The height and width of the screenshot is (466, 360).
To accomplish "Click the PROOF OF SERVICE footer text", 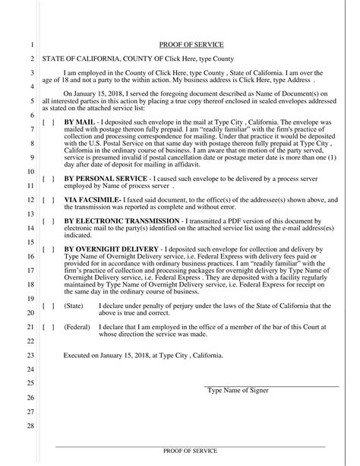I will [x=191, y=451].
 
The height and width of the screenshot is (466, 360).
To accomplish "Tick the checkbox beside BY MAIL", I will [x=48, y=122].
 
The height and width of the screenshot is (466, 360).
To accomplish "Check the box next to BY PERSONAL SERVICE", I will [x=48, y=179].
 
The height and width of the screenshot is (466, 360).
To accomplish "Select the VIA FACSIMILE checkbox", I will [x=48, y=200].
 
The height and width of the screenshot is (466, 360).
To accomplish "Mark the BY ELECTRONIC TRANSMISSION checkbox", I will [x=48, y=221].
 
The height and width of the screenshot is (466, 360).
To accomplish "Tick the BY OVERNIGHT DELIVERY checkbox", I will [x=48, y=249].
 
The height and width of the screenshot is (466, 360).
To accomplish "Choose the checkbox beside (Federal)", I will [x=48, y=327].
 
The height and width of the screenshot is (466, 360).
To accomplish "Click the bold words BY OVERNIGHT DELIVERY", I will [x=112, y=249].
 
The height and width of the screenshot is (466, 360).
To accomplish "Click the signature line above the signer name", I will [x=271, y=386].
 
